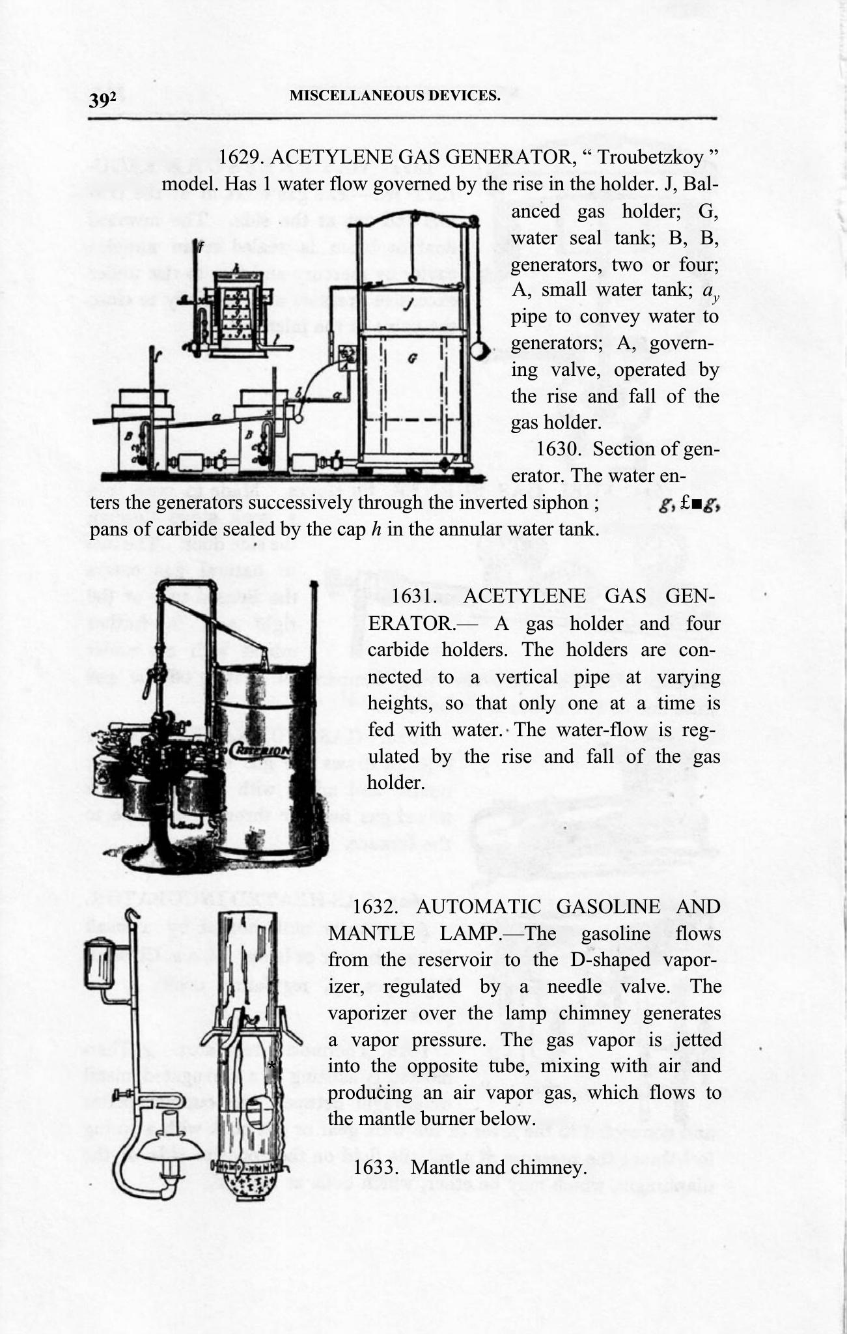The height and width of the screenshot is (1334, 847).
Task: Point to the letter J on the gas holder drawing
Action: point(407,304)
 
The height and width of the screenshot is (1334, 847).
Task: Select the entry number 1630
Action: point(561,449)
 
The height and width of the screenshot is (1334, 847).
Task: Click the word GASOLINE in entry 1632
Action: point(608,907)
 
